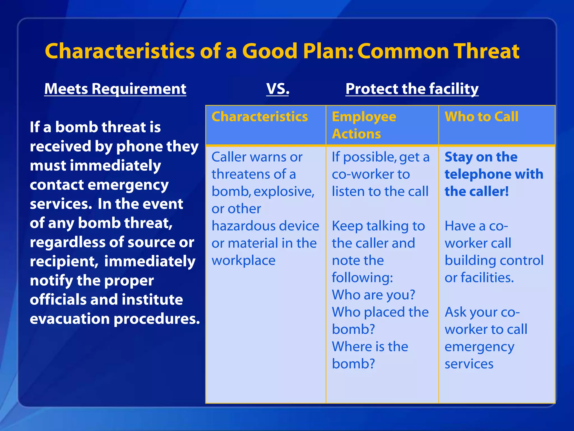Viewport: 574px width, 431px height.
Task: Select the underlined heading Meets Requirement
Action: (x=115, y=89)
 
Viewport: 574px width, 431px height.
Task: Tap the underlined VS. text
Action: (x=277, y=89)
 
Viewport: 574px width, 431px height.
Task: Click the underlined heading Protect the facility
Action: (x=412, y=89)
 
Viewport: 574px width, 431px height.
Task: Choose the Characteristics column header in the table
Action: (x=260, y=117)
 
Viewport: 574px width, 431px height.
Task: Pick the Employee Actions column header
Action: (x=364, y=125)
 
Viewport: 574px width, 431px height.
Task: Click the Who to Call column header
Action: (x=481, y=117)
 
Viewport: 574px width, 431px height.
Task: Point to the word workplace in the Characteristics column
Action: (x=243, y=261)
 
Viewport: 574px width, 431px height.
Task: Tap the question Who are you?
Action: (x=373, y=295)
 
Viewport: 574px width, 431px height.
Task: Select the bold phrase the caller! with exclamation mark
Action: (x=476, y=192)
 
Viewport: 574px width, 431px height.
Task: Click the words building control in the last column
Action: (x=494, y=261)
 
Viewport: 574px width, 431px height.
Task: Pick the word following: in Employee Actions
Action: (x=362, y=278)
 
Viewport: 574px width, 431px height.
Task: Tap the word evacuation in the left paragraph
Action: (x=70, y=319)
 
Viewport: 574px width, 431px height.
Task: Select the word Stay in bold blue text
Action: (x=458, y=157)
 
